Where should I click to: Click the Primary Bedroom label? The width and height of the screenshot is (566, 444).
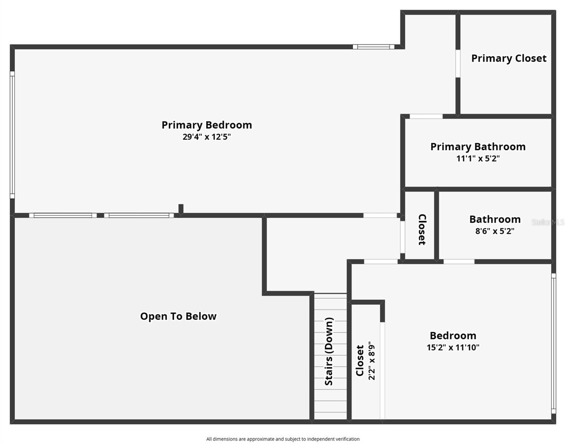206,125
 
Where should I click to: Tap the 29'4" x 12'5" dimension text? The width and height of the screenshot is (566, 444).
206,137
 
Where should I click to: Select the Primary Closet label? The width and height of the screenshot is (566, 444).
509,58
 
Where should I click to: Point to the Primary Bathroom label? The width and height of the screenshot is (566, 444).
478,147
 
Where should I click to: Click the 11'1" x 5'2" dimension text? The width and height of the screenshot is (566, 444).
478,159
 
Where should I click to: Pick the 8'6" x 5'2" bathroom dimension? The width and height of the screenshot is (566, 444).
495,231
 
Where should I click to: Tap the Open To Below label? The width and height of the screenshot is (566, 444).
178,316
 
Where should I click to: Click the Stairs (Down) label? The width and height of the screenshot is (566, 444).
329,351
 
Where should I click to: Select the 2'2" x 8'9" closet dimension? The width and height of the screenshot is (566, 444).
372,361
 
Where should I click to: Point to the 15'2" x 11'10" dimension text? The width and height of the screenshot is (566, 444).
453,347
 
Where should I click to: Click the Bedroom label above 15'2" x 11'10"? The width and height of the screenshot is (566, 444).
453,336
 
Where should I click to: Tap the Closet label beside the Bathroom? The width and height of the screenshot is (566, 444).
422,229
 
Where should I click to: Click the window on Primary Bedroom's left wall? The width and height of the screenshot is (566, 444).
12,135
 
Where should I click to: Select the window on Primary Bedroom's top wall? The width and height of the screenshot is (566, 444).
373,47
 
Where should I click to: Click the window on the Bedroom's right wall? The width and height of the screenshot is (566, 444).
553,343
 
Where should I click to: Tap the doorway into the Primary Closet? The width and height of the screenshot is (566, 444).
458,64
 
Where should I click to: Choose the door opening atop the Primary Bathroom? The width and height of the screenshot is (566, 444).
426,117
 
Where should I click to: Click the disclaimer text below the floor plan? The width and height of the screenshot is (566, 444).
283,439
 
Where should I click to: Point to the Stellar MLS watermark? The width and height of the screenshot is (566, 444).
548,222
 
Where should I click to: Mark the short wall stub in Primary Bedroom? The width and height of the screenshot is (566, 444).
181,209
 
